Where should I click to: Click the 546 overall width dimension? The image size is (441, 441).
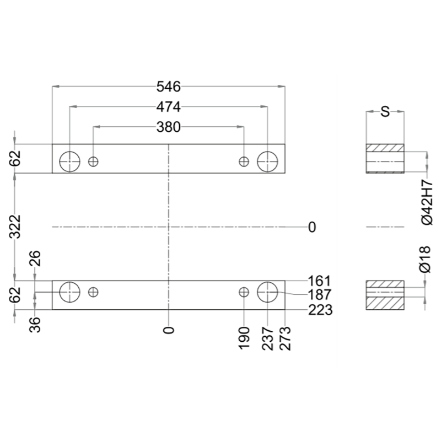coord(169,87)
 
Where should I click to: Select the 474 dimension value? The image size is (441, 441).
coord(169,107)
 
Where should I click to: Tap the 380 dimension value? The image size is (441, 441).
coord(169,127)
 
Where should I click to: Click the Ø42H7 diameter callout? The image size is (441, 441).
coord(427,202)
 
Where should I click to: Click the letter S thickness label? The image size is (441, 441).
coord(385,112)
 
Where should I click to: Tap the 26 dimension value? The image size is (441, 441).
coord(35,258)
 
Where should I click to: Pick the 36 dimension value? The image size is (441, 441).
coord(35,325)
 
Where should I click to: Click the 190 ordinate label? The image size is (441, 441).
coord(244,338)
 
